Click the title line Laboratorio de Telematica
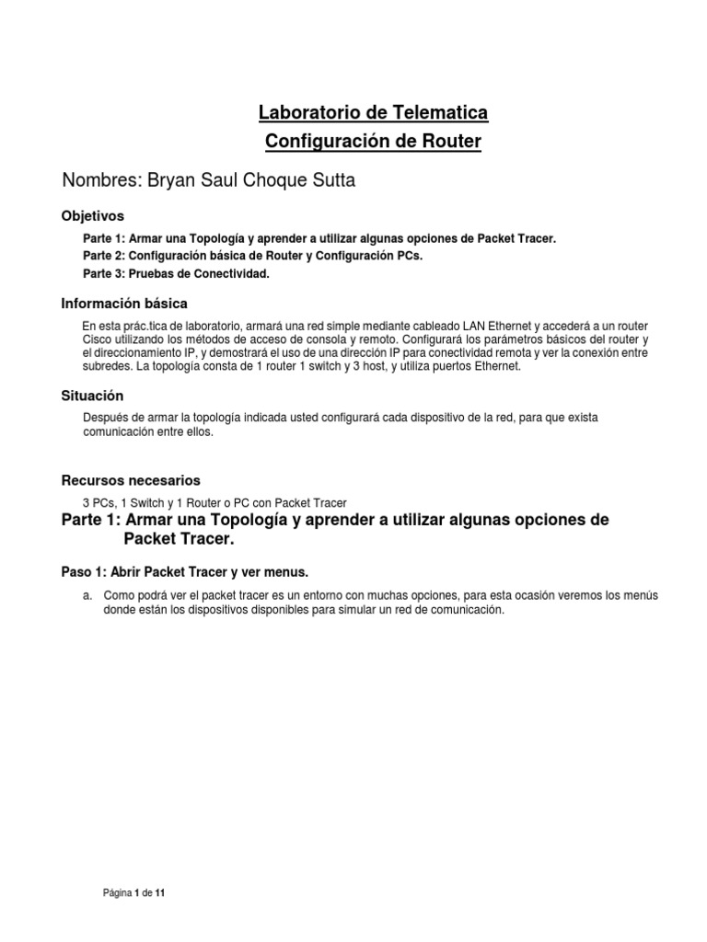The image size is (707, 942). pos(372,113)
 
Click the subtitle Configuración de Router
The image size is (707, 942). pos(372,142)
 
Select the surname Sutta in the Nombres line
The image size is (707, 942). pos(330,180)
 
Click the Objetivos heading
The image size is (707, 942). pos(92,216)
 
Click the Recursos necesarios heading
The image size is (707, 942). pos(130,480)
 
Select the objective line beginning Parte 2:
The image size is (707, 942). pos(253,255)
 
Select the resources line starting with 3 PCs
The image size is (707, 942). pos(214,502)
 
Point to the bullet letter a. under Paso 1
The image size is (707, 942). pos(87,596)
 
